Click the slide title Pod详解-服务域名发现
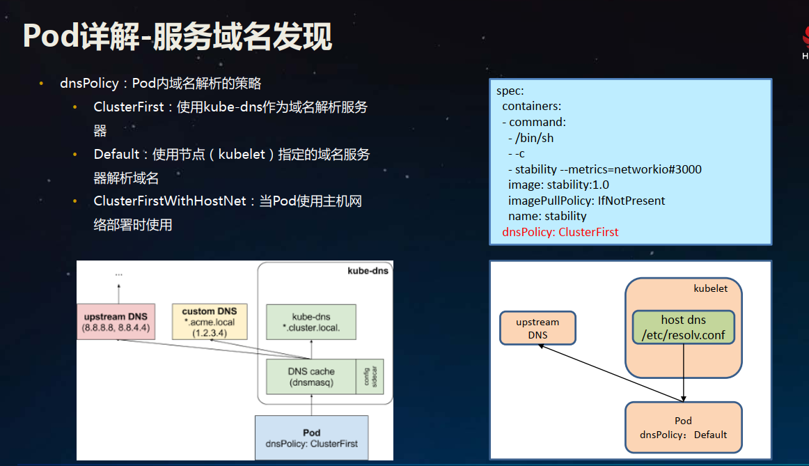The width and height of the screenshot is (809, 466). [178, 37]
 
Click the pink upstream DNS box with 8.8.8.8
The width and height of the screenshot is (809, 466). [117, 321]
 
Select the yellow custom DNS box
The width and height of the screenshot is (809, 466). [209, 321]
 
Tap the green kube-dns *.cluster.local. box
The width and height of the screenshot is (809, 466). [311, 322]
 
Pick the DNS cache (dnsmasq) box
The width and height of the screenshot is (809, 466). [311, 377]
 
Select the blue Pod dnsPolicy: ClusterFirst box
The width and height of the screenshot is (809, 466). [311, 437]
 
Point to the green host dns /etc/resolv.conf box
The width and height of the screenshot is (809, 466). [683, 327]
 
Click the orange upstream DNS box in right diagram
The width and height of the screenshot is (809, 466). [537, 328]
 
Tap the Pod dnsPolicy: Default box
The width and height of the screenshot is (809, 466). [683, 428]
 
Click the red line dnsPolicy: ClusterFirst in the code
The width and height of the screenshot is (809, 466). [560, 232]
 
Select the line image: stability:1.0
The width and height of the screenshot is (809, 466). [558, 185]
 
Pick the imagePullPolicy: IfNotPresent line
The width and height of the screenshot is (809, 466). [586, 201]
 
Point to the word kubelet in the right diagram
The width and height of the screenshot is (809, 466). [710, 288]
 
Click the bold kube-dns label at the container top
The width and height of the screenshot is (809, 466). [368, 270]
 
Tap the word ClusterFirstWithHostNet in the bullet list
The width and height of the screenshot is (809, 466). [170, 201]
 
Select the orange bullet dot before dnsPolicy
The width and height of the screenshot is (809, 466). [41, 84]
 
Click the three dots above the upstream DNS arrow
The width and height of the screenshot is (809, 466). [118, 274]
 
